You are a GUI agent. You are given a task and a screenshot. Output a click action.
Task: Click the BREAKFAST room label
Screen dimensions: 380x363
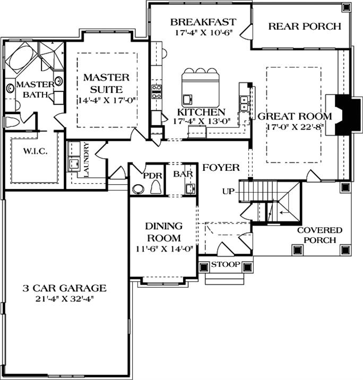(x=202, y=22)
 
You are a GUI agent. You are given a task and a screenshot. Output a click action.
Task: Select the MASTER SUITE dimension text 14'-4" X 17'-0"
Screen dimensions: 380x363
(x=106, y=100)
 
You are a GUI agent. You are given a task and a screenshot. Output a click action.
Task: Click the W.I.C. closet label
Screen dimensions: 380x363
(x=35, y=151)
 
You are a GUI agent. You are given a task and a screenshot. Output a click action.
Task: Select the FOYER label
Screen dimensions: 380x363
(x=221, y=168)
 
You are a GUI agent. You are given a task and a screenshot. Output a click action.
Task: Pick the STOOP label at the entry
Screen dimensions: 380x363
(x=226, y=264)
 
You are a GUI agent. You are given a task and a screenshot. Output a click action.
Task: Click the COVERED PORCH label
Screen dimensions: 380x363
(x=319, y=235)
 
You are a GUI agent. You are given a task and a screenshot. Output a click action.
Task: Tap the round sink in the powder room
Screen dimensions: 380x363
(x=139, y=189)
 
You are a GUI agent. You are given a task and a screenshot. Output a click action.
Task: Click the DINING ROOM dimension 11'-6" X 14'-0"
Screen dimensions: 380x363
(x=162, y=248)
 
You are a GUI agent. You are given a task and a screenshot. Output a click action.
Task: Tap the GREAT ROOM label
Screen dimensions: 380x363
(x=295, y=116)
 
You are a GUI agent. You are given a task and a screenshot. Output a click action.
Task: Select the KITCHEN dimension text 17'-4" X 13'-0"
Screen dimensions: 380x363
(x=201, y=122)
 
